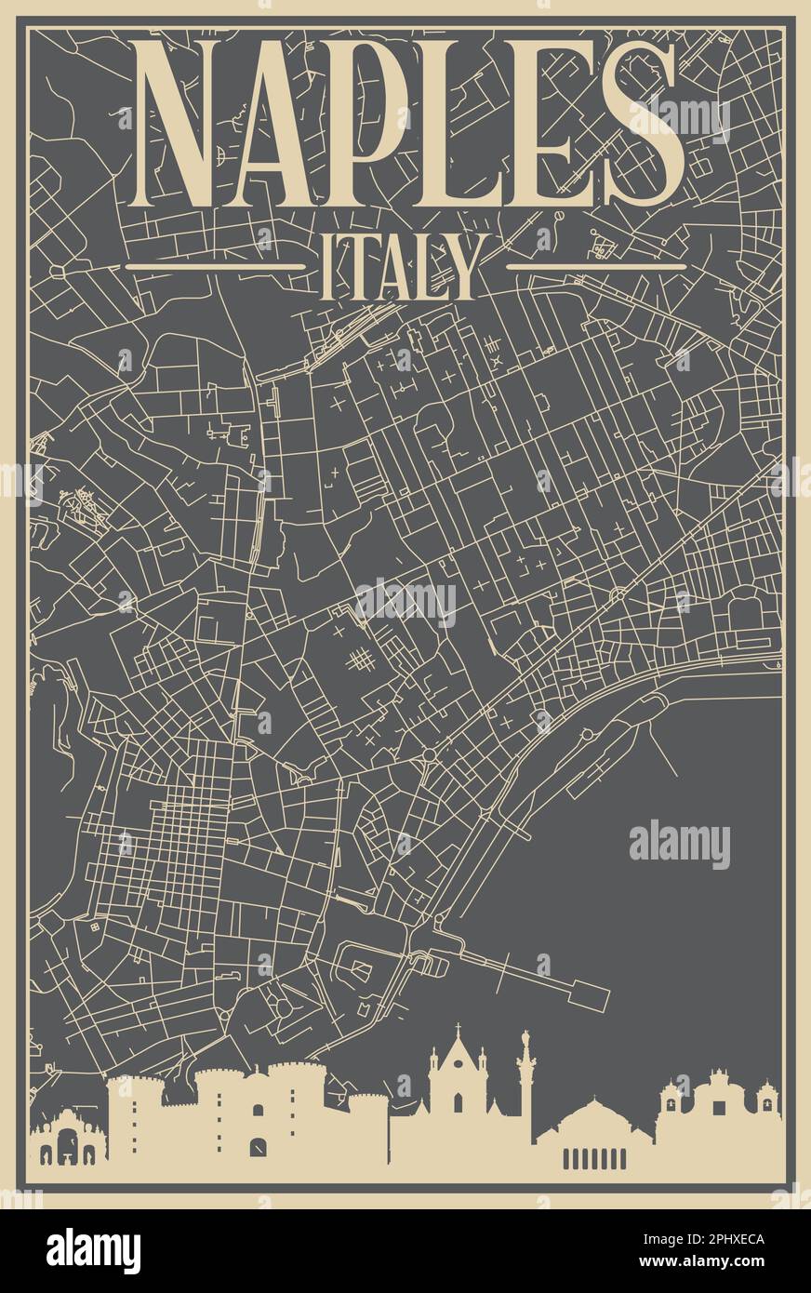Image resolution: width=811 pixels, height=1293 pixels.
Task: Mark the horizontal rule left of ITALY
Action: click(216, 266)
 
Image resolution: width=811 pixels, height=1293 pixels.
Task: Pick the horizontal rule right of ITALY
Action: click(596, 266)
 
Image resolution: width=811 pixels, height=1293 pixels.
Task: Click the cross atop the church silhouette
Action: click(458, 1029)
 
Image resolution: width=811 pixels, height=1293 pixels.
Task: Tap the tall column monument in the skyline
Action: click(525, 1079)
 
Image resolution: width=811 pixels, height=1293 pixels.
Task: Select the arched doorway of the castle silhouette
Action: click(258, 1145)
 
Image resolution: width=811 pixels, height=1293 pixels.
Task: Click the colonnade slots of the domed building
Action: click(594, 1158)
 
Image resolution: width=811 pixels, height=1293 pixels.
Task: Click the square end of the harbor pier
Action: click(590, 995)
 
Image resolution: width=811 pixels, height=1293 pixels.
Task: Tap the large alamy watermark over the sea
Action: click(680, 844)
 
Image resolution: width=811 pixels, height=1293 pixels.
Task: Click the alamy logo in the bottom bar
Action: click(93, 1251)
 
